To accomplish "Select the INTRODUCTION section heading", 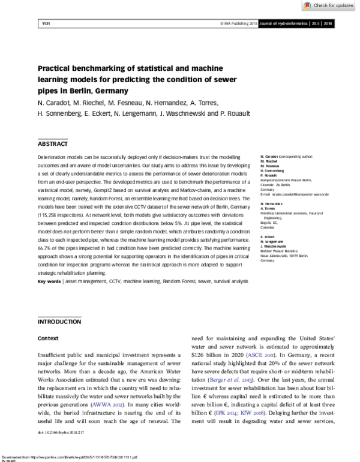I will click(59, 322).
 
